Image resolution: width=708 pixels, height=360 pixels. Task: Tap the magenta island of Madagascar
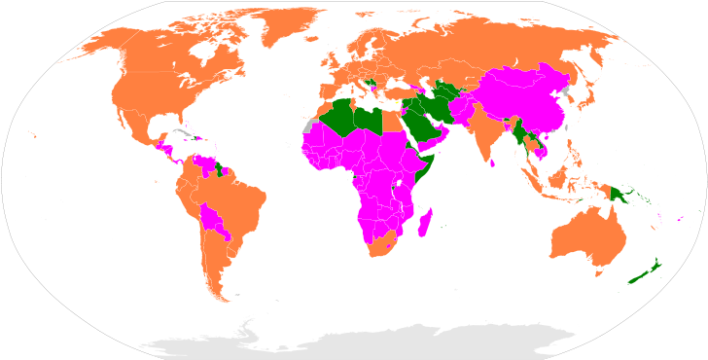pos(425,226)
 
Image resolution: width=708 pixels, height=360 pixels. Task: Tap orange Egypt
pos(390,120)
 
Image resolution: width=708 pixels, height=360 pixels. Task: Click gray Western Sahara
pos(309,126)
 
